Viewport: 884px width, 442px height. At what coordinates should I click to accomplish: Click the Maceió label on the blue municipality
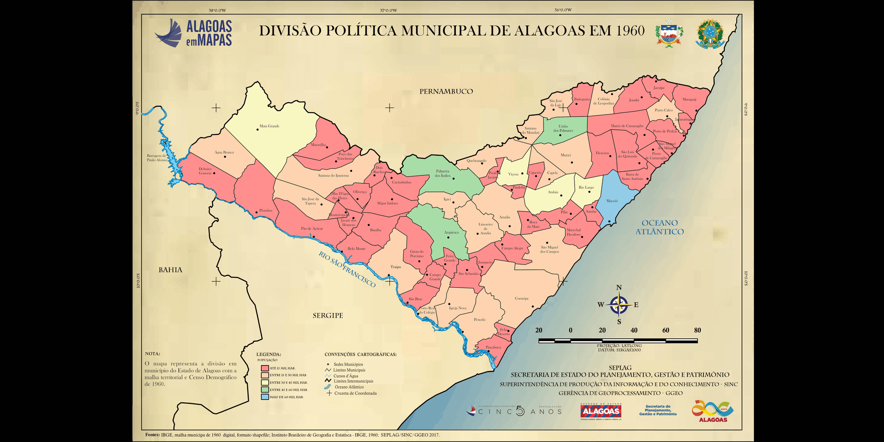coord(612,201)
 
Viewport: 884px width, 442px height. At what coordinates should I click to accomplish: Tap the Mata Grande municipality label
coord(269,126)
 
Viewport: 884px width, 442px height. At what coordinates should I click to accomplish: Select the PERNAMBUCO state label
coord(446,92)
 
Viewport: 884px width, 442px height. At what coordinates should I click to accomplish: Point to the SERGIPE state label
coord(328,315)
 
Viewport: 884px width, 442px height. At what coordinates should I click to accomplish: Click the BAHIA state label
coord(170,270)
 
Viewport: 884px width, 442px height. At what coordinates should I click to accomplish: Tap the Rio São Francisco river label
coord(347,269)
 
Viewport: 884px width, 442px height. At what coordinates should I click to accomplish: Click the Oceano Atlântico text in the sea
coord(660,227)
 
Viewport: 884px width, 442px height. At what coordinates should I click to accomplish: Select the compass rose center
coord(619,305)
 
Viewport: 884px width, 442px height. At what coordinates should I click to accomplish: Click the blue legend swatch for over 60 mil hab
coord(265,396)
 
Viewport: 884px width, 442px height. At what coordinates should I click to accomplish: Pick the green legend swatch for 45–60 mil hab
coord(265,390)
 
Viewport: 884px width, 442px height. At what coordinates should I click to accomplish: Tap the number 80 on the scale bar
coord(697,330)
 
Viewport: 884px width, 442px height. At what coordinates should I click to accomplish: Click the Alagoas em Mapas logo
coord(193,33)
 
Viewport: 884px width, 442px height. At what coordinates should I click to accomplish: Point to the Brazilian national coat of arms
coord(710,34)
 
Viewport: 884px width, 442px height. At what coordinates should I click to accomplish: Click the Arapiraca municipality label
coord(451,233)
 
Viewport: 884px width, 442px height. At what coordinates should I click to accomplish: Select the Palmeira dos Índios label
coord(442,173)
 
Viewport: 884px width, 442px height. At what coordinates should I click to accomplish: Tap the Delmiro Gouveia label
coord(205,171)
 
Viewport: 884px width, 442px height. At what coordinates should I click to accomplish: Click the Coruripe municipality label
coord(522,298)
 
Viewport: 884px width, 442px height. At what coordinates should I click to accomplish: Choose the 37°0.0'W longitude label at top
coord(388,10)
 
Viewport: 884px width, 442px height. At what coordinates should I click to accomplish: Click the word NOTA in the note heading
coord(152,354)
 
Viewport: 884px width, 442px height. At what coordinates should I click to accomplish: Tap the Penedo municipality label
coord(479,320)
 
